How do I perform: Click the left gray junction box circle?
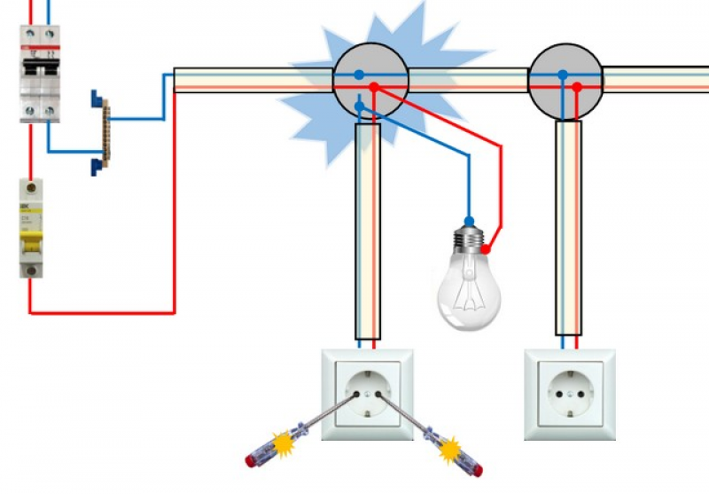pyautogui.click(x=370, y=81)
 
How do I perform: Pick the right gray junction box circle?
pyautogui.click(x=565, y=81)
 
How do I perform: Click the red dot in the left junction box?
pyautogui.click(x=374, y=88)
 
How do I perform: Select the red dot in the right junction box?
pyautogui.click(x=576, y=86)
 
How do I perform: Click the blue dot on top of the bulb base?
pyautogui.click(x=469, y=220)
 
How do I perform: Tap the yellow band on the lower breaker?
pyautogui.click(x=31, y=234)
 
